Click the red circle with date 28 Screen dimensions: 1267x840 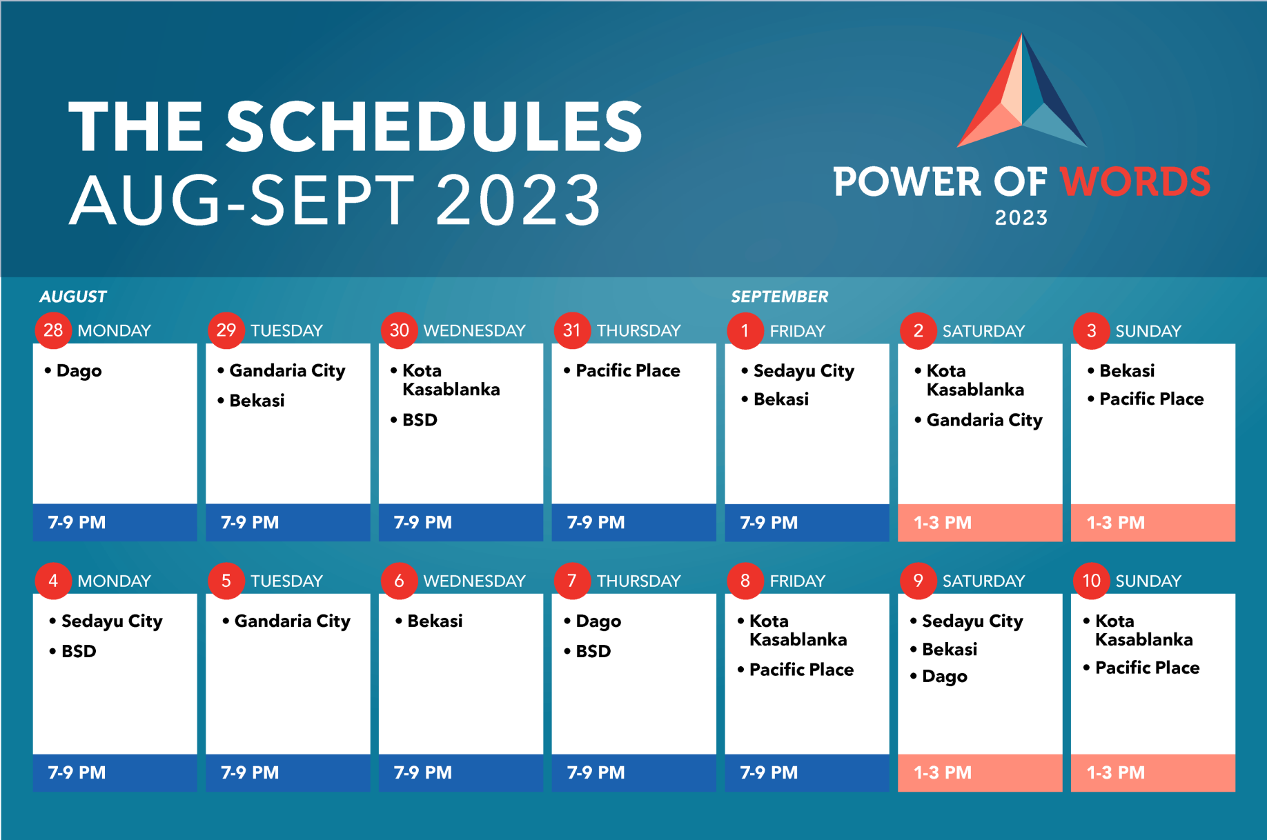[53, 330]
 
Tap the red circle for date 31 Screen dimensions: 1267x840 [572, 330]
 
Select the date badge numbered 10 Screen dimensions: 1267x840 [1091, 581]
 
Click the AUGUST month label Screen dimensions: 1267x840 [73, 297]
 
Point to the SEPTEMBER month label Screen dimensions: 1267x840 [780, 297]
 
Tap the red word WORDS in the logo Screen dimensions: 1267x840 [1135, 182]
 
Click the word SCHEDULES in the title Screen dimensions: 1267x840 [435, 126]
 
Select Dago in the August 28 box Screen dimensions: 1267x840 [79, 371]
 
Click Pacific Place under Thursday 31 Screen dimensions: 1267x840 [628, 370]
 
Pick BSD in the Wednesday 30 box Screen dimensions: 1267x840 [420, 420]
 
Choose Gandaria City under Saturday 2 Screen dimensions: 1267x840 [985, 420]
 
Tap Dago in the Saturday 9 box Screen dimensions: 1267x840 [945, 677]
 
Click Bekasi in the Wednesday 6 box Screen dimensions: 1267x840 [435, 621]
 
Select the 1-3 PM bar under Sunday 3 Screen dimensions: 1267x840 [1153, 522]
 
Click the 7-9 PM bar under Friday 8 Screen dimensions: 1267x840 [807, 772]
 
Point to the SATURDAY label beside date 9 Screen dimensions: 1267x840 [983, 581]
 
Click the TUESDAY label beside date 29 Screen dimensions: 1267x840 [286, 330]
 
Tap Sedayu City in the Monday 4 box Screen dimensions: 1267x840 [112, 621]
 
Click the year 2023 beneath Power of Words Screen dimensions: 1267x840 [1021, 218]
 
